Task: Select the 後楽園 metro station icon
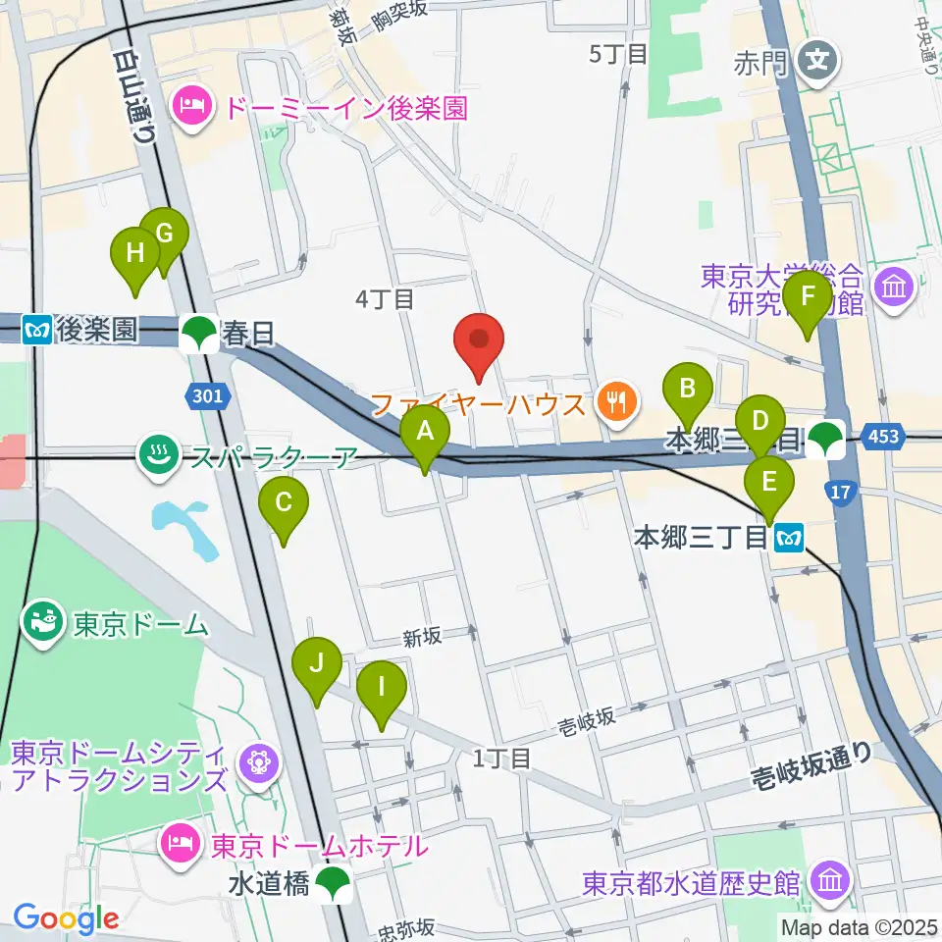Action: [39, 330]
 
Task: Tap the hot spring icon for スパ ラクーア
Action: [158, 455]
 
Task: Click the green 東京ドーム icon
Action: [42, 623]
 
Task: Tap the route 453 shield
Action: [883, 436]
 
